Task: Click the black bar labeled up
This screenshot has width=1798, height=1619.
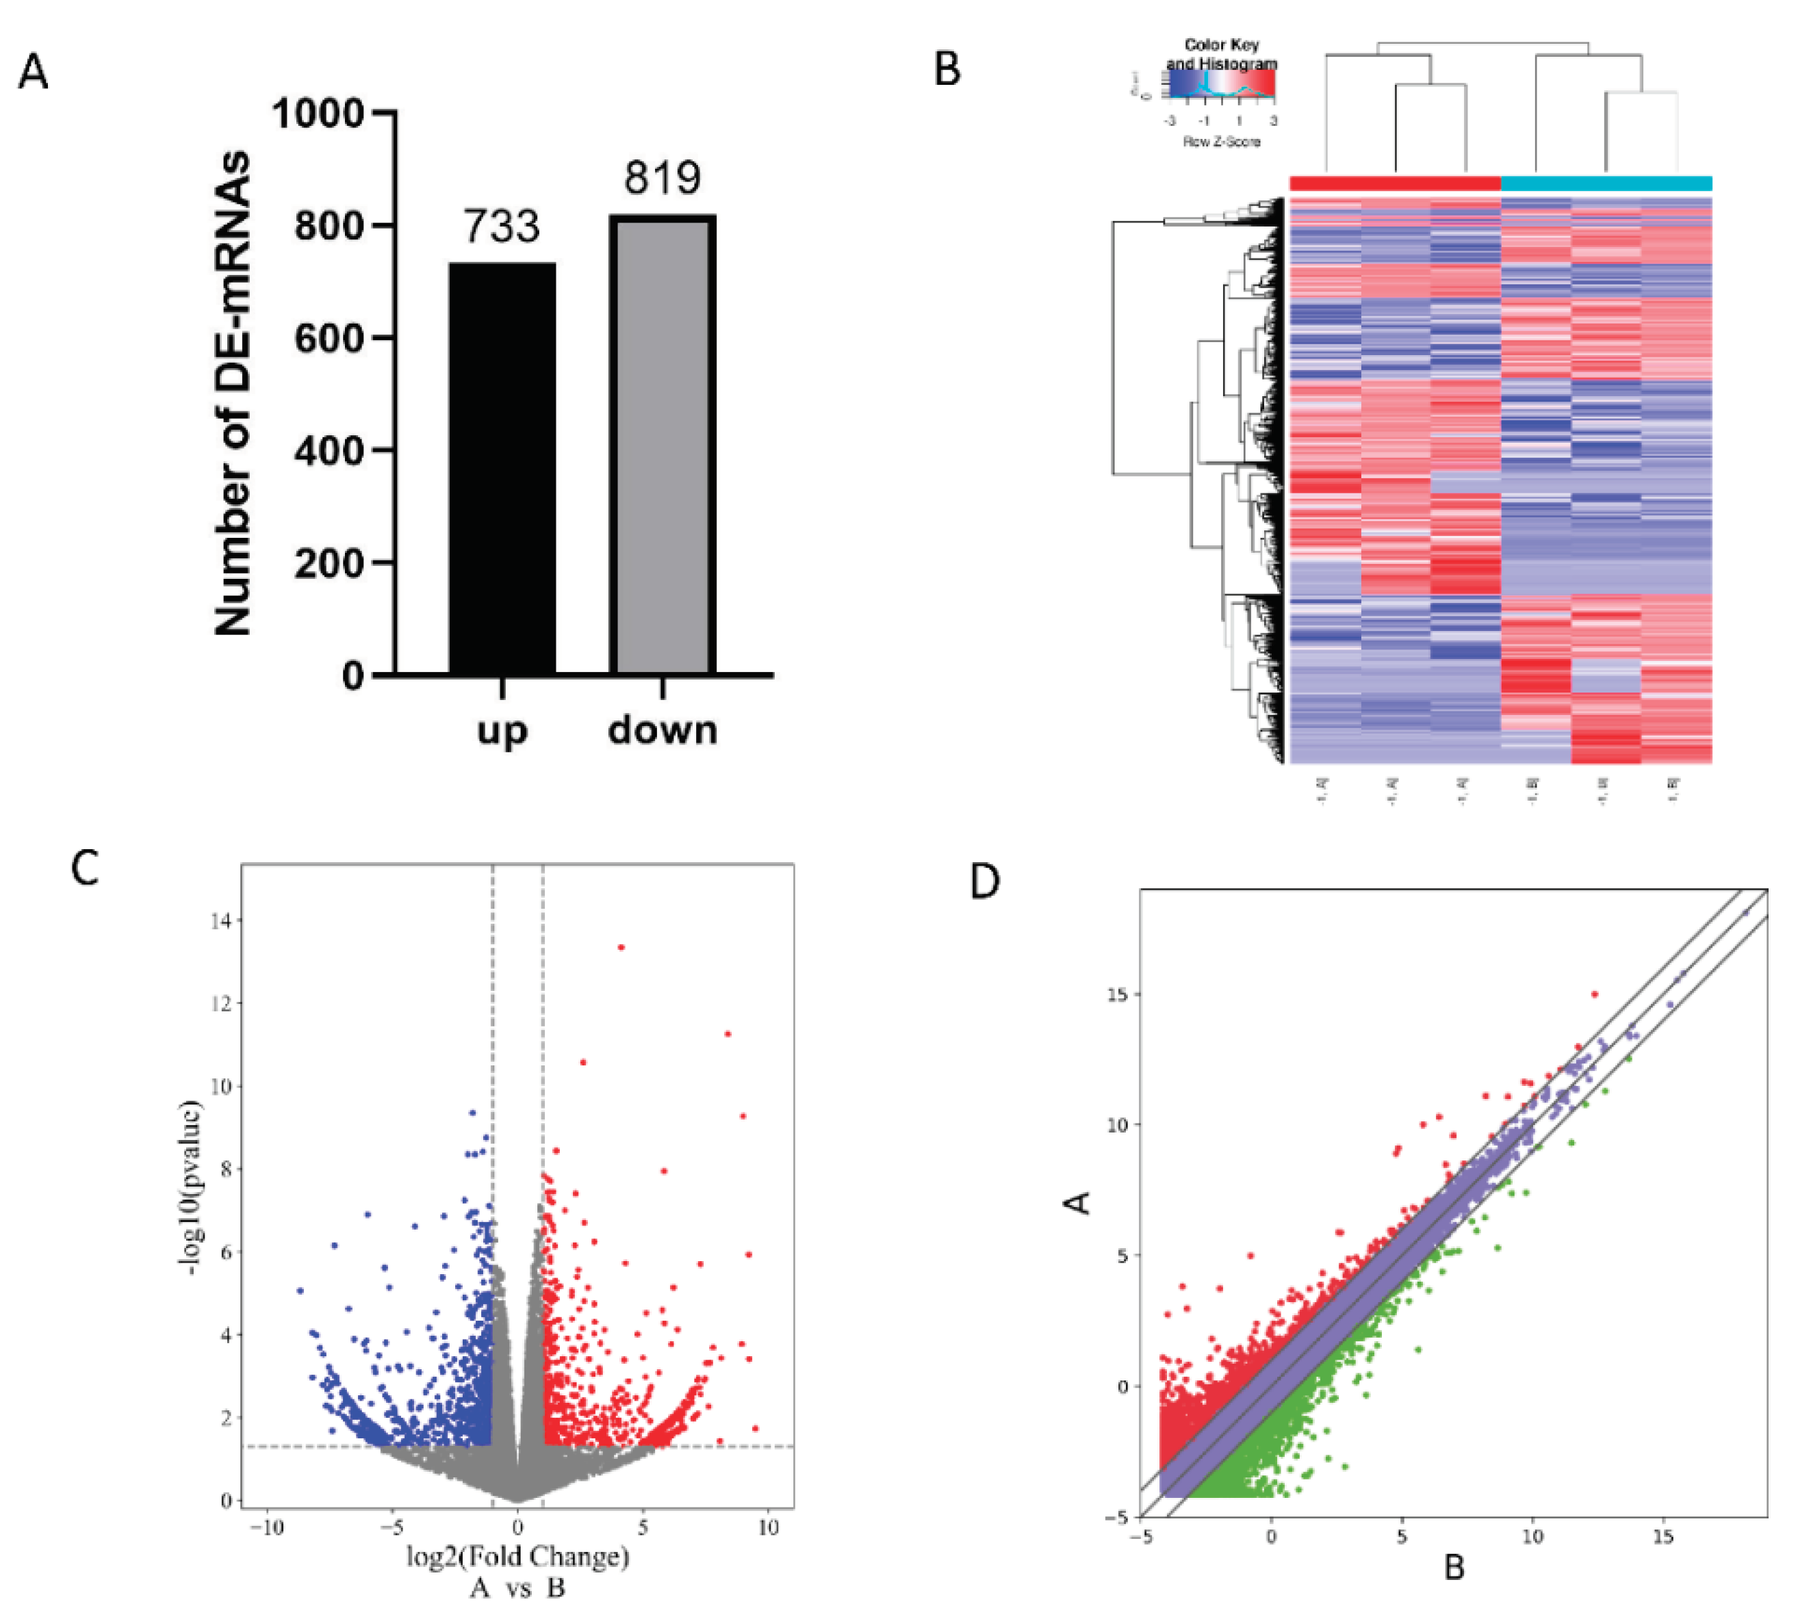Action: (x=502, y=469)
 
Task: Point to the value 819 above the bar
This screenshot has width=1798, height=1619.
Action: (x=662, y=177)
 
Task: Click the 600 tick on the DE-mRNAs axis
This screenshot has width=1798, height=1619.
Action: (x=329, y=338)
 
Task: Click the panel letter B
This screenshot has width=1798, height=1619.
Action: (x=947, y=68)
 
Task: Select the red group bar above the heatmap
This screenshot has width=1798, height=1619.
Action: (x=1394, y=184)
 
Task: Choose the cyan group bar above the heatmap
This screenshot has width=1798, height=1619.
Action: (x=1606, y=184)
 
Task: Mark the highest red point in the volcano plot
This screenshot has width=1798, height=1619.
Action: (x=621, y=947)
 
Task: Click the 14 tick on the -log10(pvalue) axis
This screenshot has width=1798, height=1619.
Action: (x=220, y=921)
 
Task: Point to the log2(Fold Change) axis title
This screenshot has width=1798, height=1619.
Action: (x=518, y=1557)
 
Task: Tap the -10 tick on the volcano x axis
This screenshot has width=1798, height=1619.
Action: (x=266, y=1527)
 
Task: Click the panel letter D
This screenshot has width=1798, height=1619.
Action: (x=985, y=881)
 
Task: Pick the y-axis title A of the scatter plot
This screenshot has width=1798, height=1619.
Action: (x=1078, y=1203)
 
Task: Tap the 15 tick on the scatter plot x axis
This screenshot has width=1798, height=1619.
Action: (x=1662, y=1537)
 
